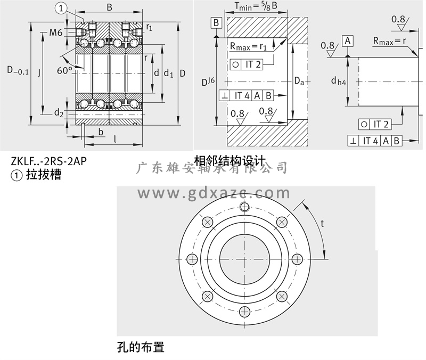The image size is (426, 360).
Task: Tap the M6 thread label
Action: coord(56,32)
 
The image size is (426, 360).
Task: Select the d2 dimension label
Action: coord(58,113)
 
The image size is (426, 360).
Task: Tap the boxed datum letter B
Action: coord(216,22)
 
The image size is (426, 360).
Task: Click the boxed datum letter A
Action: coord(348,41)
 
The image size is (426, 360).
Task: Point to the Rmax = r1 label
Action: coord(248,47)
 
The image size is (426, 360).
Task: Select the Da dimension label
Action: coord(300,81)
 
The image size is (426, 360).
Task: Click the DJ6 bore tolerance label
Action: coord(208,82)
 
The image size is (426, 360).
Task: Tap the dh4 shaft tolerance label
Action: coord(338,81)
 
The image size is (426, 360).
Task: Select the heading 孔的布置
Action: coord(140,348)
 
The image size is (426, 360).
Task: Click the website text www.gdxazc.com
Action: coord(214,192)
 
